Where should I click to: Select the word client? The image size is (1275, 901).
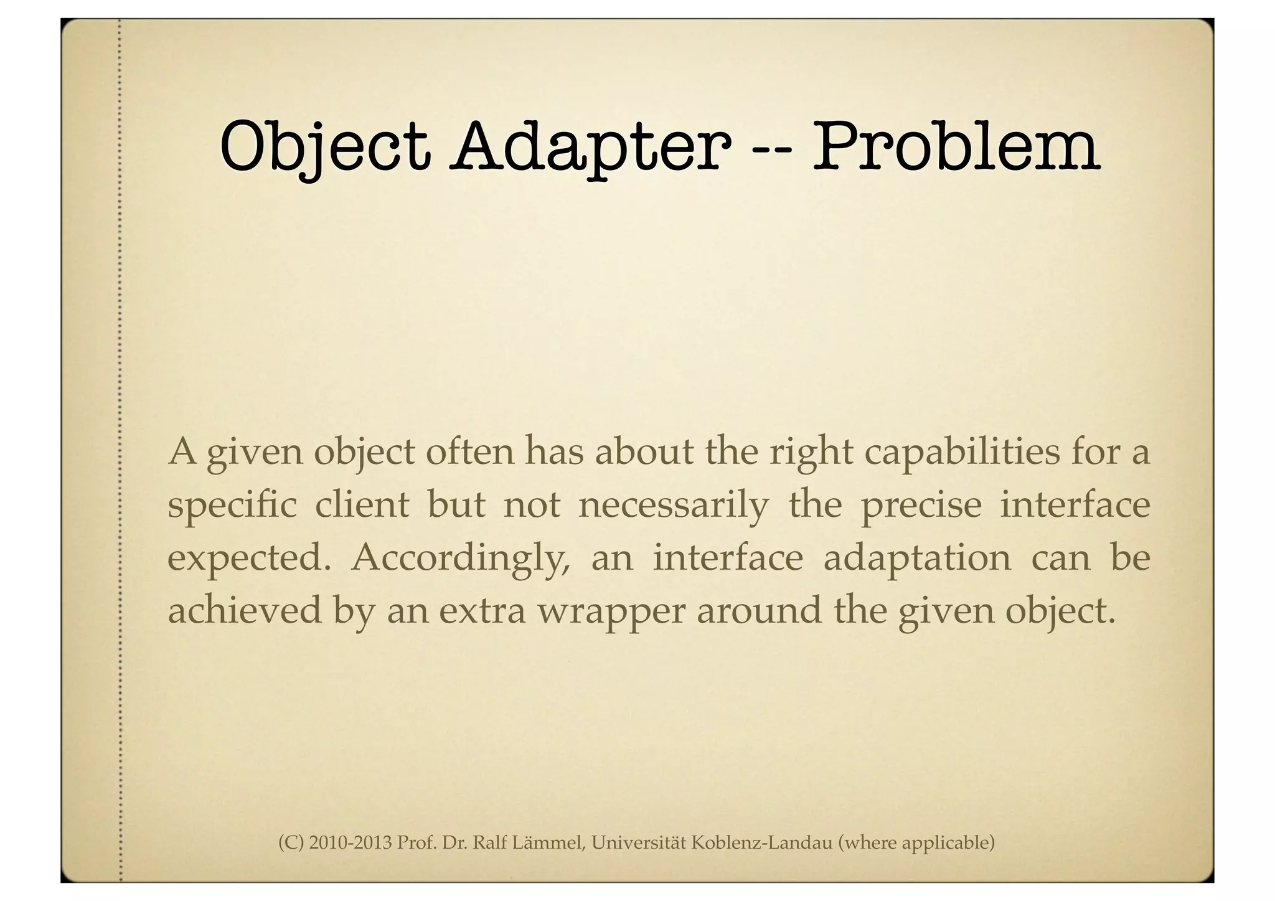(x=362, y=504)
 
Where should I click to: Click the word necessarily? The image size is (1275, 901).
(x=674, y=506)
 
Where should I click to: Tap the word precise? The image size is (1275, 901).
(x=921, y=506)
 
